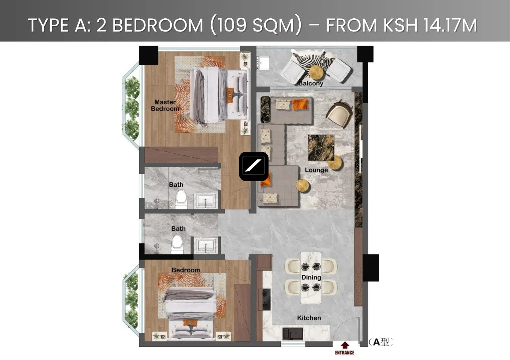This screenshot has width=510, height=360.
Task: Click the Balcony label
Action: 311,83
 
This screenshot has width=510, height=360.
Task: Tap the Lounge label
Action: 316,170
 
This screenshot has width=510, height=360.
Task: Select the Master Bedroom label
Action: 165,106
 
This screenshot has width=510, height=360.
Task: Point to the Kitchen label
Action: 309,318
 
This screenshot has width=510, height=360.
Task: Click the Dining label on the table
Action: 311,278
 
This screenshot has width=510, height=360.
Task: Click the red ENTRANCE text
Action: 345,353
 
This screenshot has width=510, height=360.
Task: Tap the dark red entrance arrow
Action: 345,345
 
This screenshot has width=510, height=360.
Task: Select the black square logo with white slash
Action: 254,166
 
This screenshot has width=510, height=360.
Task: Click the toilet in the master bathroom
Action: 181,200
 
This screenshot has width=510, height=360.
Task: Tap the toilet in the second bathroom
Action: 177,245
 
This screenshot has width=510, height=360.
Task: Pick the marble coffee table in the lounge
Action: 321,148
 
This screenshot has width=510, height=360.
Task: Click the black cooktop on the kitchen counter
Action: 267,299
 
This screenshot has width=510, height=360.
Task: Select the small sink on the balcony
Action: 263,62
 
